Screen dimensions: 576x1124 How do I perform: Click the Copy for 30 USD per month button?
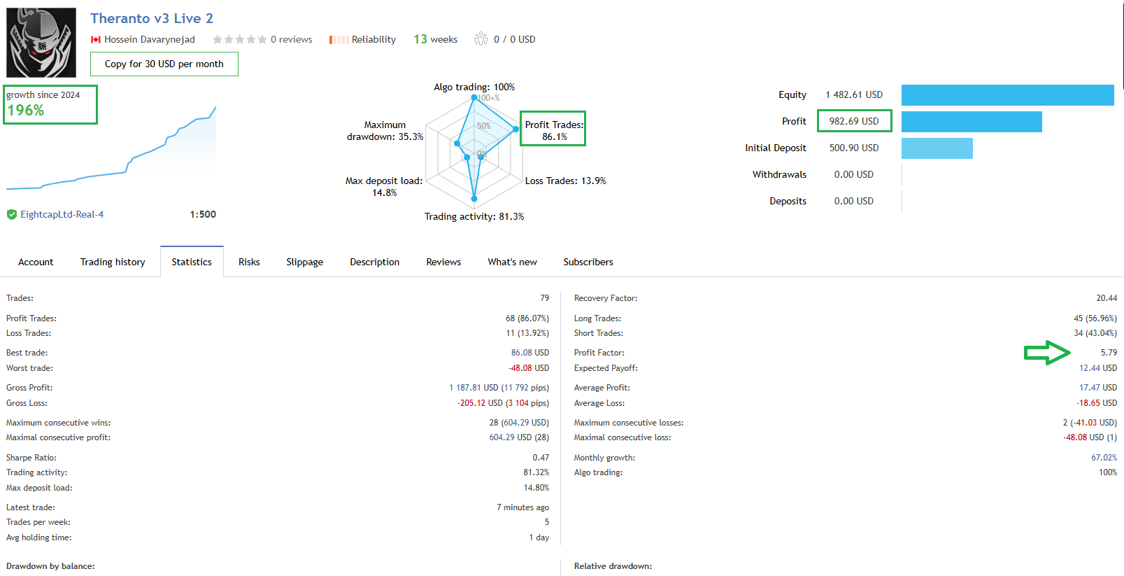click(164, 64)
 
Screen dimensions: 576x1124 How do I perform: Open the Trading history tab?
click(113, 262)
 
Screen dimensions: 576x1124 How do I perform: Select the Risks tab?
click(248, 262)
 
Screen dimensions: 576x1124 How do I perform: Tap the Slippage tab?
click(304, 262)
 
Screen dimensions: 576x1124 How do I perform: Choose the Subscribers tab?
click(588, 262)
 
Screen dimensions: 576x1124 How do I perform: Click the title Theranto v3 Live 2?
click(152, 18)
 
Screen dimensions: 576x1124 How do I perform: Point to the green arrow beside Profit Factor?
click(1047, 353)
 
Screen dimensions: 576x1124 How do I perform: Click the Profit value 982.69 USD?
click(853, 121)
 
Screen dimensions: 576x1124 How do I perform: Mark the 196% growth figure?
click(26, 111)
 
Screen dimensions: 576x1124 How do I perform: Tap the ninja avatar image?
click(41, 43)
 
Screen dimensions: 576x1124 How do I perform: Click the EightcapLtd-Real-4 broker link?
click(62, 214)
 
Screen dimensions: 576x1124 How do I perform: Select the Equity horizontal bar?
click(1007, 95)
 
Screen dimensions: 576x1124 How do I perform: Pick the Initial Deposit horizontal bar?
click(937, 148)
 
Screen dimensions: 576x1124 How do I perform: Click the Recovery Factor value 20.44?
click(1106, 298)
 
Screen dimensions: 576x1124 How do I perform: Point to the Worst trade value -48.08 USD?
click(528, 368)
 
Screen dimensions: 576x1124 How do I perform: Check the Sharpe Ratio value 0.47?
click(540, 458)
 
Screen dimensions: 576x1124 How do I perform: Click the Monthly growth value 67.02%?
click(1104, 458)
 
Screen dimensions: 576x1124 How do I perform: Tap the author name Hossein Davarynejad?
click(149, 39)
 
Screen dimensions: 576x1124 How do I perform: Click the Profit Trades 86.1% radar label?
click(553, 130)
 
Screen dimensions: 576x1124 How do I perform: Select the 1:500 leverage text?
click(203, 214)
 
